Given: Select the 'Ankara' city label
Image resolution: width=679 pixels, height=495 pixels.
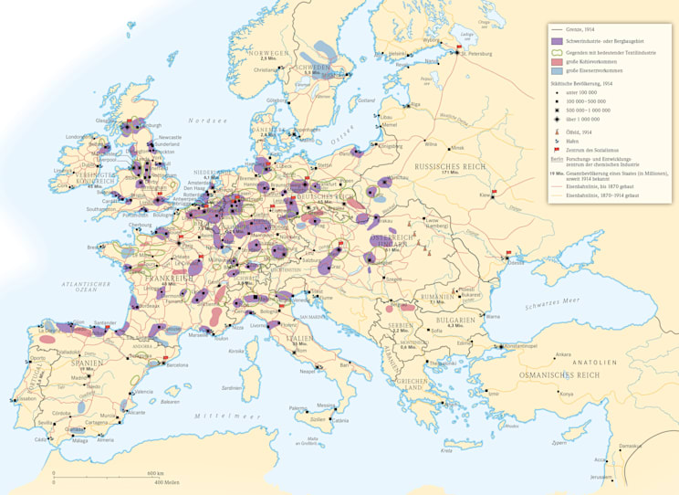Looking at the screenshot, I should [x=563, y=354].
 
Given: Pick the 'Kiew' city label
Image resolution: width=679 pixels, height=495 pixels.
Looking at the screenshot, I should [x=484, y=194].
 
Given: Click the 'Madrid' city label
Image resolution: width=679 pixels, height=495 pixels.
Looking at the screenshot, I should [x=81, y=376].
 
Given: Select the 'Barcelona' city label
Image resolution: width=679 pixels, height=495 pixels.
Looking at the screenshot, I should [x=177, y=365].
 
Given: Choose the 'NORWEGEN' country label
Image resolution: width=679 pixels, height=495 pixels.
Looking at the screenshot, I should [x=274, y=53].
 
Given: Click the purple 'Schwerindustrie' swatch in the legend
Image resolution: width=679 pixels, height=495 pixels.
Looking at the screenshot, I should [x=556, y=42].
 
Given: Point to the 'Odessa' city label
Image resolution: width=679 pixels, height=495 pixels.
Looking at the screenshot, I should [x=517, y=262].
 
